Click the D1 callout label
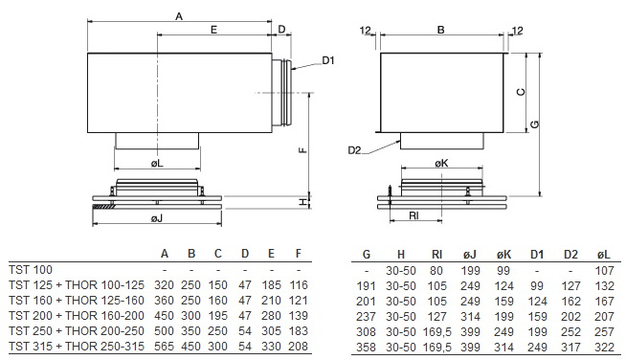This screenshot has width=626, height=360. [327, 60]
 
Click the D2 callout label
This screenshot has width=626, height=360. [354, 150]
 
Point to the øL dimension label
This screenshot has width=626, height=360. [157, 163]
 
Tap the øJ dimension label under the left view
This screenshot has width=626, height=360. [157, 217]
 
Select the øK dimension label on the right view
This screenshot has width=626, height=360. [441, 163]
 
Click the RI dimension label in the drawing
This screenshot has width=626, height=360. [414, 216]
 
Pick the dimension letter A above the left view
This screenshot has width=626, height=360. [179, 16]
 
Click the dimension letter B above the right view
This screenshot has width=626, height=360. [440, 30]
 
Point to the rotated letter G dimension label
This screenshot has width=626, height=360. [535, 124]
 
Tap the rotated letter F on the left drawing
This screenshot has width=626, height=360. [302, 150]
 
